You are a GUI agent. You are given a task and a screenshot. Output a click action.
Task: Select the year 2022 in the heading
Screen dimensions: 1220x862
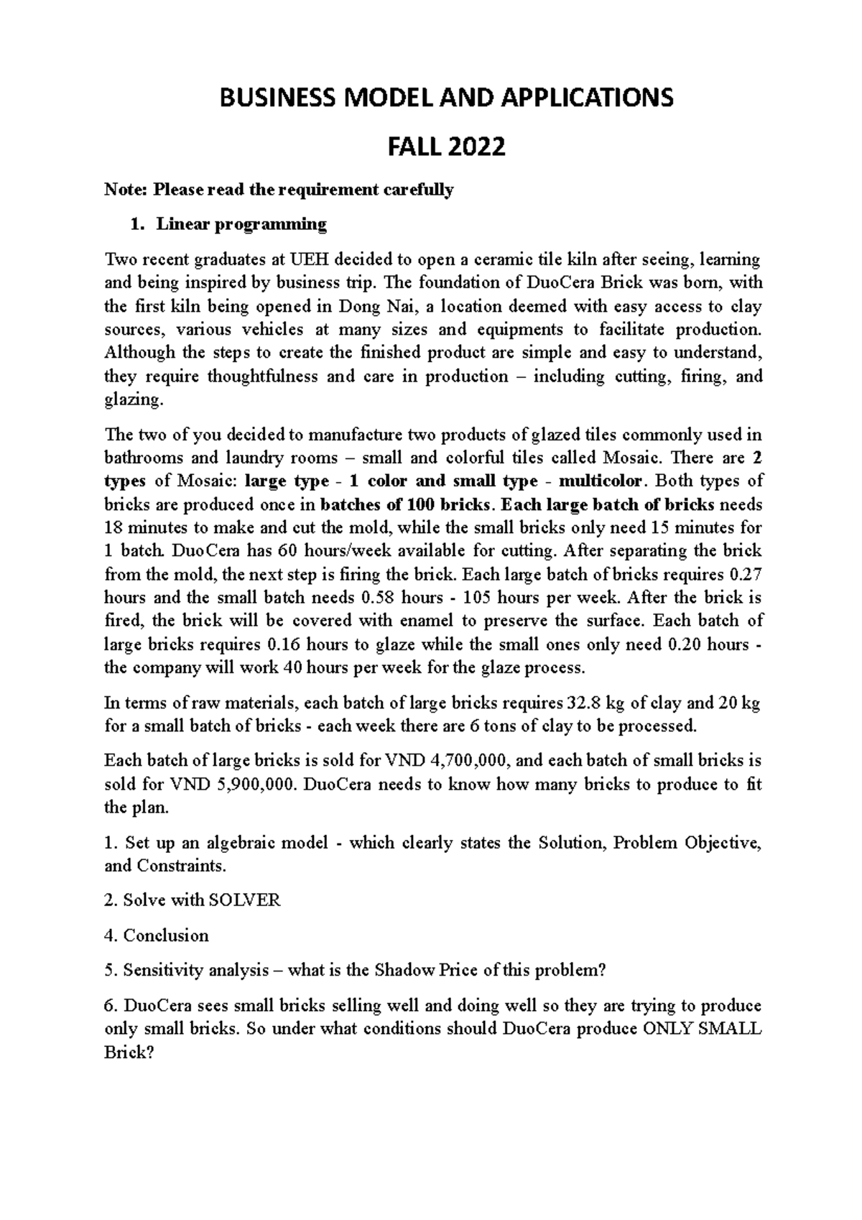pos(478,147)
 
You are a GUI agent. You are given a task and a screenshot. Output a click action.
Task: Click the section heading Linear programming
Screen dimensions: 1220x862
pos(242,224)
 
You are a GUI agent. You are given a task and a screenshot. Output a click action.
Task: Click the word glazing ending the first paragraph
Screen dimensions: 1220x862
pos(131,399)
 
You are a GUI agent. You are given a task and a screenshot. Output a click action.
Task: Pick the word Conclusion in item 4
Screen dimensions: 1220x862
pos(166,935)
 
